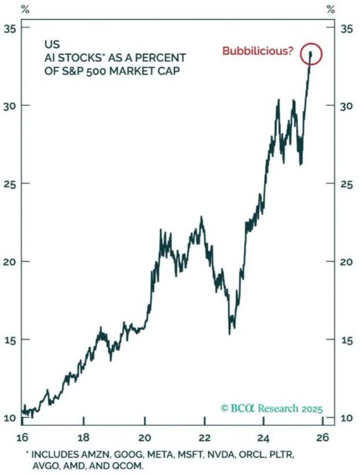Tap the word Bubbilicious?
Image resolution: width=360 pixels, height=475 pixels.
[258, 51]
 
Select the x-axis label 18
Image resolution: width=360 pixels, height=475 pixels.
[84, 437]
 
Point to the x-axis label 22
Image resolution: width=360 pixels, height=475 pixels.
[203, 437]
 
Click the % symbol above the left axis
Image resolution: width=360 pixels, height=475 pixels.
[25, 9]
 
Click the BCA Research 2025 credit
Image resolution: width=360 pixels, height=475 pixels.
[272, 409]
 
